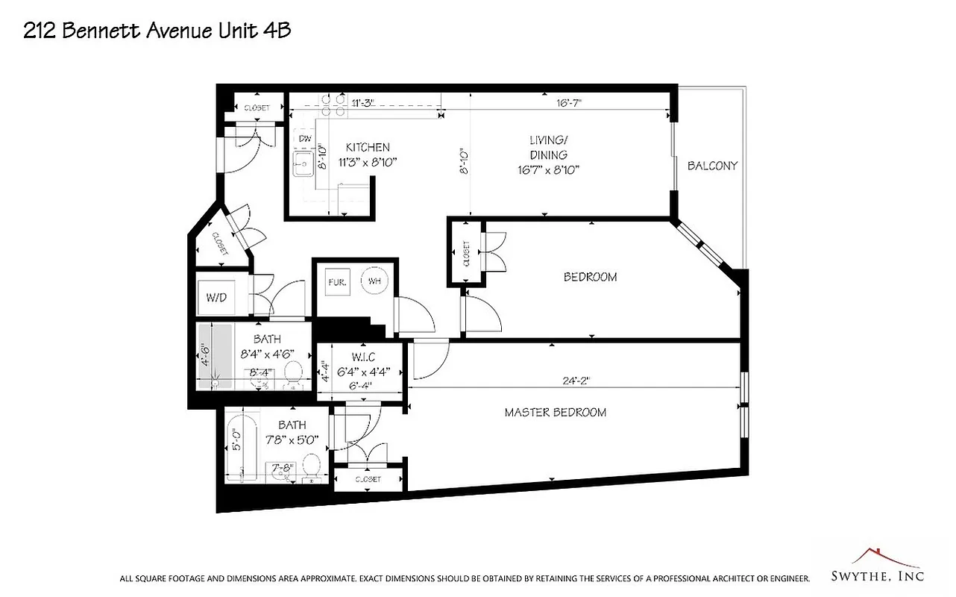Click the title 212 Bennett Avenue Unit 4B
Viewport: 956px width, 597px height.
tap(157, 31)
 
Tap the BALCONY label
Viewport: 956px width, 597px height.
tap(712, 166)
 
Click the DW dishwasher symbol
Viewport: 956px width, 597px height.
tap(305, 139)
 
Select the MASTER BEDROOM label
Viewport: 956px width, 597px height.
tap(555, 412)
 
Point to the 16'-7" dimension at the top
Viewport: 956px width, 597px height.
tap(569, 104)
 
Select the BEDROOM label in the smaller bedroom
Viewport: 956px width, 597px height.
tap(590, 277)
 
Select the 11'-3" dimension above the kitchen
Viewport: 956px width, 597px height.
tap(362, 104)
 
